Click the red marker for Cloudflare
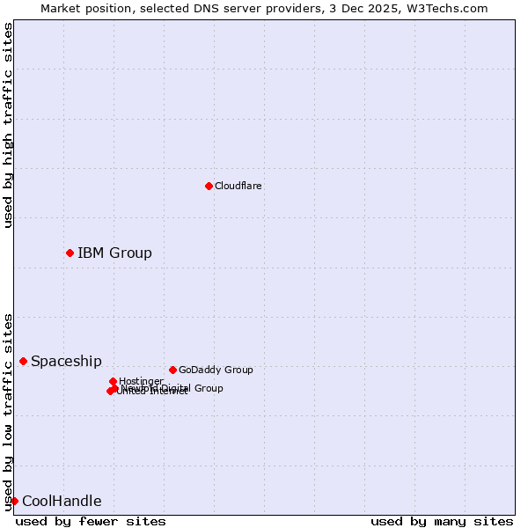pyautogui.click(x=209, y=186)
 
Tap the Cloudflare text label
pyautogui.click(x=238, y=186)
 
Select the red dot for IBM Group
pyautogui.click(x=70, y=253)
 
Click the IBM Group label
pyautogui.click(x=114, y=253)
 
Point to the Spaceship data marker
pyautogui.click(x=23, y=361)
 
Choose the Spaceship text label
pyautogui.click(x=66, y=361)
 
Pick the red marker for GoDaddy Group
pyautogui.click(x=172, y=370)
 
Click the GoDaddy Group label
pyautogui.click(x=215, y=370)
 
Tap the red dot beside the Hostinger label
pyautogui.click(x=113, y=381)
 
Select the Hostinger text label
pyautogui.click(x=141, y=381)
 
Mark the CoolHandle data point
pyautogui.click(x=14, y=501)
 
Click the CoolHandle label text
pyautogui.click(x=62, y=502)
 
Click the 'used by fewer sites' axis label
pyautogui.click(x=91, y=521)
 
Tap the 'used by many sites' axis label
pyautogui.click(x=442, y=521)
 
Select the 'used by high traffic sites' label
pyautogui.click(x=8, y=125)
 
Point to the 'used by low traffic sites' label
pyautogui.click(x=8, y=412)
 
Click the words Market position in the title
pyautogui.click(x=84, y=8)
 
